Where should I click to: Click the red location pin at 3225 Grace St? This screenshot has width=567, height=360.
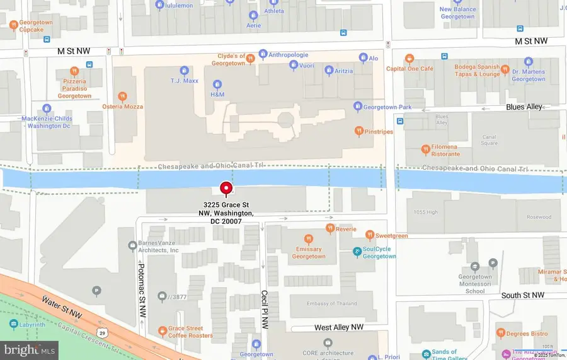[x=226, y=189]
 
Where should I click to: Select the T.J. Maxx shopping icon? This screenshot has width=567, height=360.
[x=185, y=71]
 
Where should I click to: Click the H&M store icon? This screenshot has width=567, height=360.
[x=217, y=84]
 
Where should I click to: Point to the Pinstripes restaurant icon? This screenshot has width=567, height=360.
[x=358, y=132]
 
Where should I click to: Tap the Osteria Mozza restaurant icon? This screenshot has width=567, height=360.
[x=123, y=96]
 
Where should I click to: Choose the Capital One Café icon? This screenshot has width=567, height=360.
[x=409, y=59]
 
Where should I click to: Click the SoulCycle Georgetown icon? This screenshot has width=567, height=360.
[x=357, y=252]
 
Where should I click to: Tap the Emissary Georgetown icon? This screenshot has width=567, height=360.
[x=309, y=239]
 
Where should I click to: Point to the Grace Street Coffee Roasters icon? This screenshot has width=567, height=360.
[x=163, y=330]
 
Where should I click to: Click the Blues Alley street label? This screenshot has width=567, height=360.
[x=524, y=107]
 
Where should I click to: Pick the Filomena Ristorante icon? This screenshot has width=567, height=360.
[x=426, y=149]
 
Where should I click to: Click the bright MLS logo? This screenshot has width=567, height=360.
[x=30, y=347]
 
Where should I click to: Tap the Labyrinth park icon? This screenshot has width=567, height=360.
[x=14, y=323]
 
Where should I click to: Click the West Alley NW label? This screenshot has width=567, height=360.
[x=340, y=328]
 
